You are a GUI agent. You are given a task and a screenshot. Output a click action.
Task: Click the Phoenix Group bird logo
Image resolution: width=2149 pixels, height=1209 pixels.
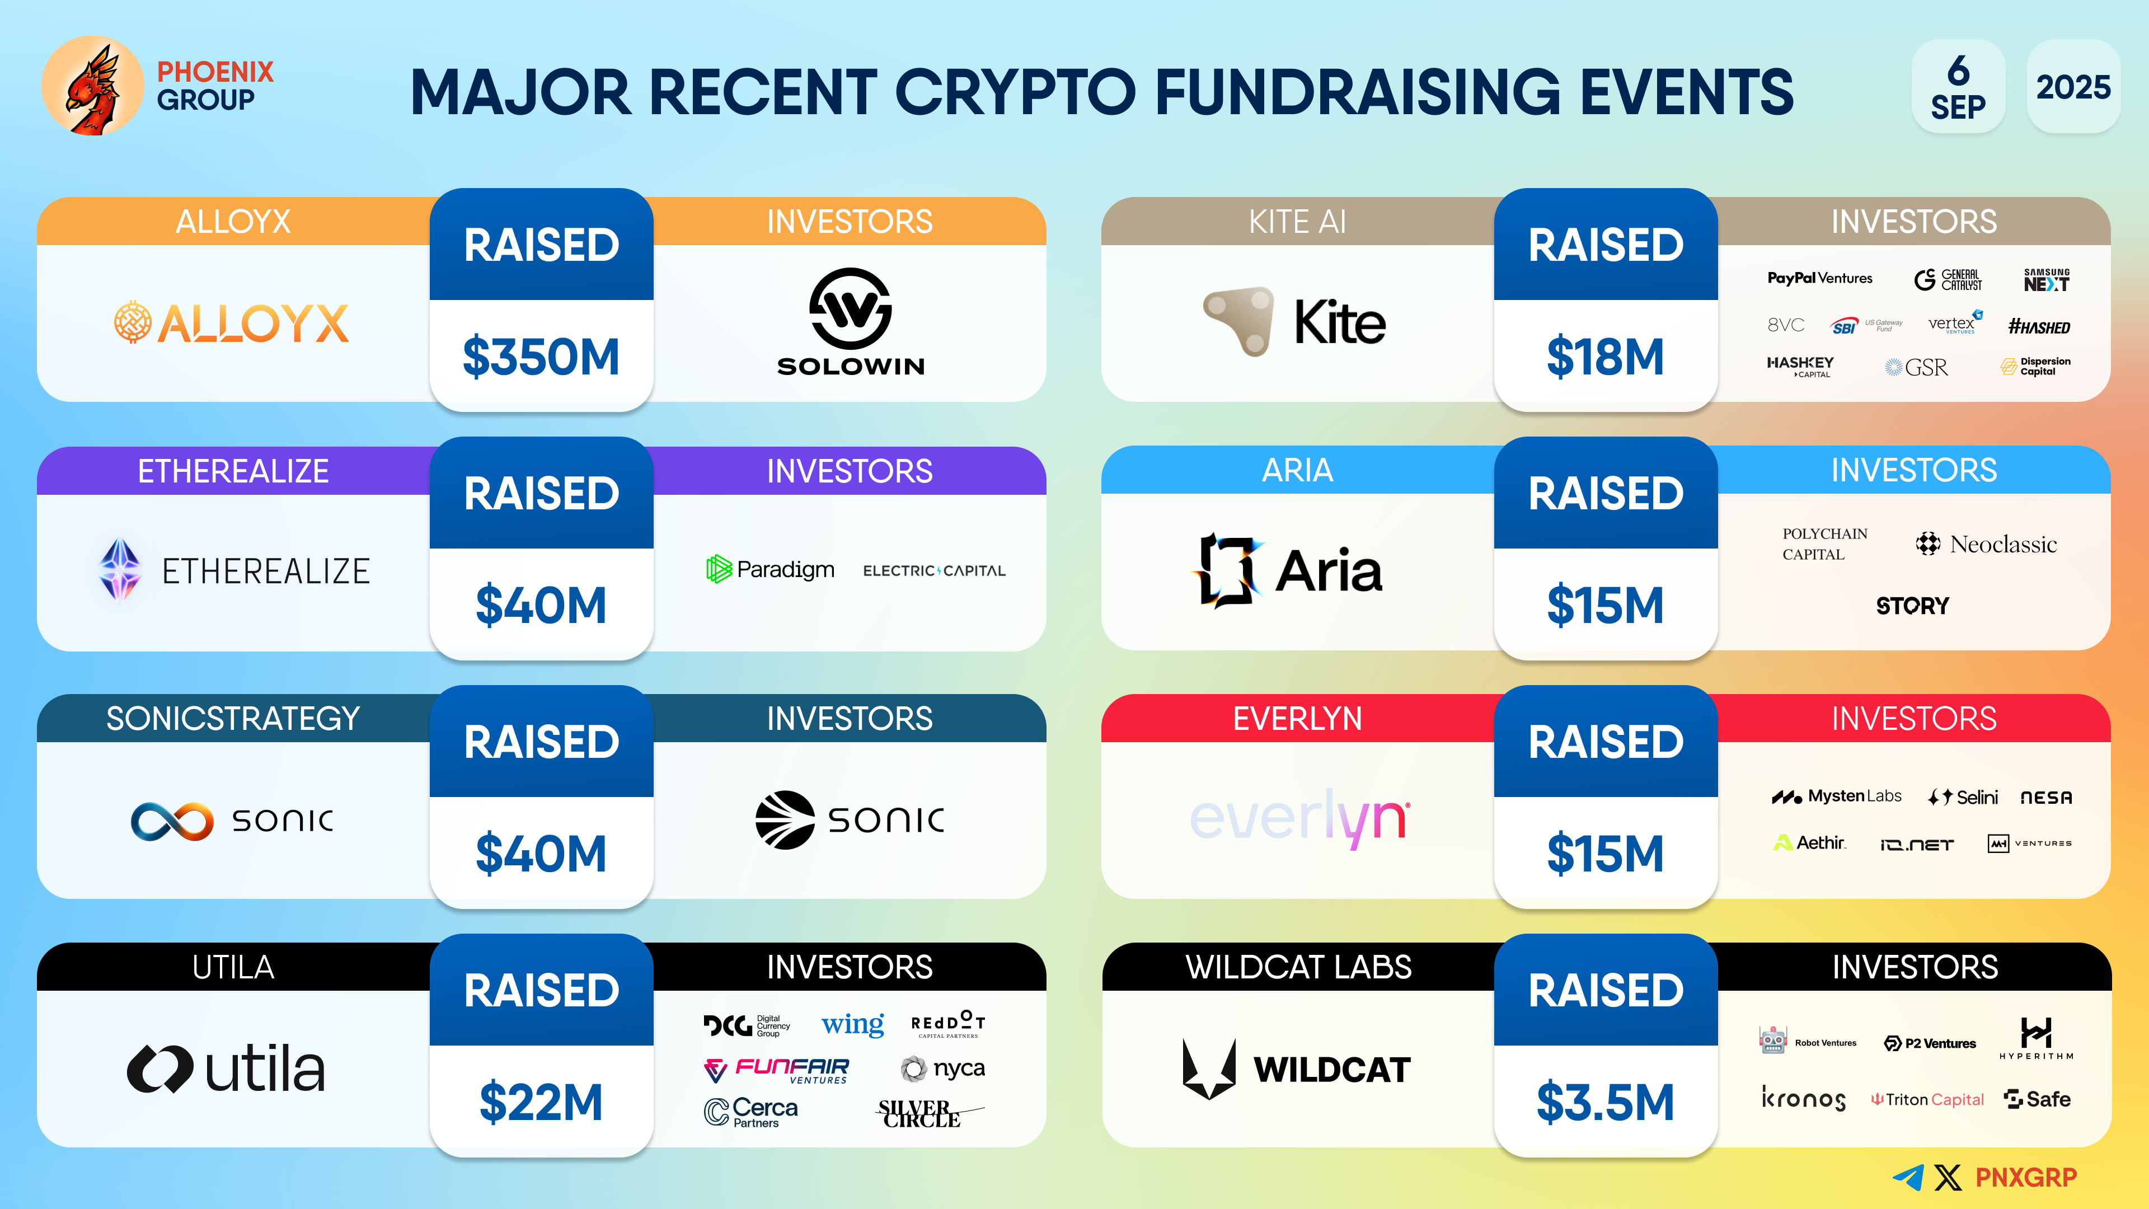click(92, 86)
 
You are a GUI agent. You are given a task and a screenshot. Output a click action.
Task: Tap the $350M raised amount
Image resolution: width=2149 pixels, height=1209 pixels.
click(541, 357)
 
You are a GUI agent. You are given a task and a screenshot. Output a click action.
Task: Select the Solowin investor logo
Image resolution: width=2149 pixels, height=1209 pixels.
click(850, 322)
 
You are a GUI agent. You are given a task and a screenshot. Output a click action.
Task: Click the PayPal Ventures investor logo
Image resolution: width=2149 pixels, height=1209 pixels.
click(1819, 278)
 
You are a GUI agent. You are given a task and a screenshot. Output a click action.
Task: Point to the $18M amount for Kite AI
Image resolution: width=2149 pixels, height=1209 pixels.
click(1605, 357)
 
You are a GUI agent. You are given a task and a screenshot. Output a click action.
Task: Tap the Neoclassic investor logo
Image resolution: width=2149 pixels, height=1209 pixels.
click(1986, 544)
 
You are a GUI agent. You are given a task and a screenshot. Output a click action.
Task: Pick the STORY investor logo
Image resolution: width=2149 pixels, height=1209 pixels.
click(1913, 606)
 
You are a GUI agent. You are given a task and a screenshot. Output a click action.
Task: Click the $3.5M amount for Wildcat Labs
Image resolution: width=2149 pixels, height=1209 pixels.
click(1605, 1102)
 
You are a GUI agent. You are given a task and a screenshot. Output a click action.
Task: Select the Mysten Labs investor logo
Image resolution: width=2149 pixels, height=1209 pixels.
click(1837, 797)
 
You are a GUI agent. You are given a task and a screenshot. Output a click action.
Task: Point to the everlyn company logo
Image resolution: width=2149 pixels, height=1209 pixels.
click(1299, 818)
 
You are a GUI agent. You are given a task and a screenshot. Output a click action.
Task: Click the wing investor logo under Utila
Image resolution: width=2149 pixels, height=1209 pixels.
click(852, 1024)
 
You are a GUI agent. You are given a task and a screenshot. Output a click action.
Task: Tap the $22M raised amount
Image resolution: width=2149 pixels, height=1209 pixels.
click(541, 1102)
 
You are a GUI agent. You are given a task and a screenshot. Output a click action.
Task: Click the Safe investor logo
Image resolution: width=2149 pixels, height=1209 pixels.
click(2037, 1099)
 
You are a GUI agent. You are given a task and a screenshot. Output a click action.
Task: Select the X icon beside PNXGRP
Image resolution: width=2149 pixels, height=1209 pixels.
click(1948, 1177)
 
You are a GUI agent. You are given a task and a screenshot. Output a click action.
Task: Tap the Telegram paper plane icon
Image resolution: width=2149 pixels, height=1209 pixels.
click(1908, 1177)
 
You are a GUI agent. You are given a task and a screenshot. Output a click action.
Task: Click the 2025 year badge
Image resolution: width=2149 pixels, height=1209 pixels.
click(2073, 86)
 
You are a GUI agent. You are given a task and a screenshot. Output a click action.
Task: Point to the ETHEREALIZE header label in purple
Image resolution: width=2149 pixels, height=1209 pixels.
click(233, 471)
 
